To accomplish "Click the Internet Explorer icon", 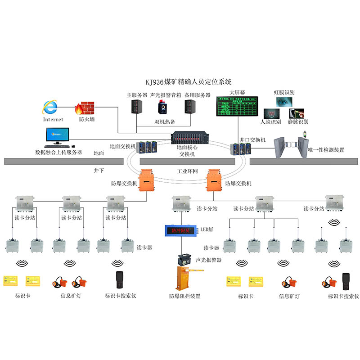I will pyautogui.click(x=50, y=108).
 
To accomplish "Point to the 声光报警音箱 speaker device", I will pyautogui.click(x=162, y=108).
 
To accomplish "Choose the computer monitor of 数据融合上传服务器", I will pyautogui.click(x=58, y=135).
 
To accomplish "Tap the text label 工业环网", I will pyautogui.click(x=188, y=172).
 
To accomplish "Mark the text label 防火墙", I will pyautogui.click(x=86, y=120).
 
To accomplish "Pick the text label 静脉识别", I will pyautogui.click(x=298, y=122).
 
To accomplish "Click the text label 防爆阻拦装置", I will pyautogui.click(x=184, y=296).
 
